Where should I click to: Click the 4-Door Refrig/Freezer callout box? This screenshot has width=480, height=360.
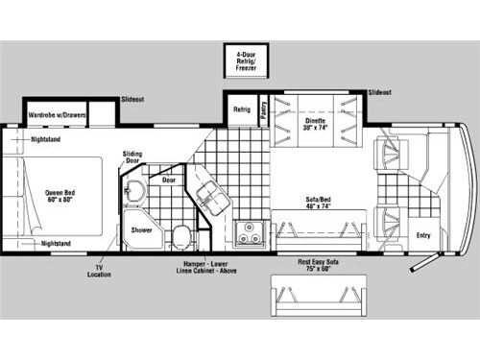[x=247, y=60]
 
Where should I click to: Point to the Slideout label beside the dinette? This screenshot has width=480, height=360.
[x=379, y=92]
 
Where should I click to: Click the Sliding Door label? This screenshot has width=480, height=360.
[x=132, y=157]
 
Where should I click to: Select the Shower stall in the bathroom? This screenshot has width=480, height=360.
[x=140, y=230]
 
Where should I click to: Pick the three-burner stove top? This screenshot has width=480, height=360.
[x=251, y=232]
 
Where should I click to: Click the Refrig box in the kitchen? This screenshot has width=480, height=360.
[x=242, y=110]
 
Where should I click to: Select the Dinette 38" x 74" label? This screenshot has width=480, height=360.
[x=317, y=124]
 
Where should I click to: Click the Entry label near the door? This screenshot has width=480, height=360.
[x=421, y=234]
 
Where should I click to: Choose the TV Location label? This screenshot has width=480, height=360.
[x=100, y=271]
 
